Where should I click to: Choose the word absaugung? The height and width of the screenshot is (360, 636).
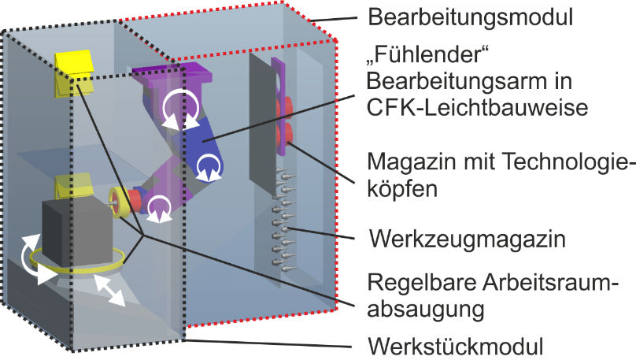(x=425, y=309)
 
